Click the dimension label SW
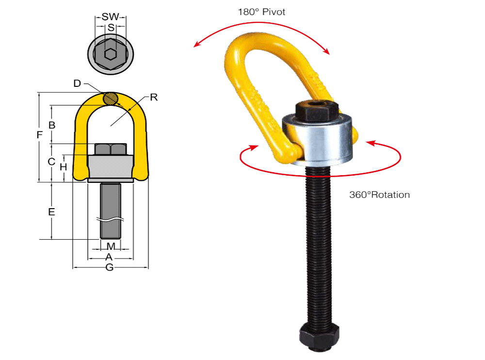(x=111, y=17)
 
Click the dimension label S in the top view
(x=111, y=28)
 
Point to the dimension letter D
(x=77, y=83)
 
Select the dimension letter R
(x=154, y=97)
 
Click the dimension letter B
(x=52, y=125)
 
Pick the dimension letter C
(x=51, y=162)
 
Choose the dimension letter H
(x=63, y=167)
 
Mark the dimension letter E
(x=51, y=212)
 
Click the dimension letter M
(x=111, y=246)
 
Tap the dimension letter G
(x=110, y=267)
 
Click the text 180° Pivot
(x=261, y=12)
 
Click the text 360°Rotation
(x=379, y=195)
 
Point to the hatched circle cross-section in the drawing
(x=111, y=98)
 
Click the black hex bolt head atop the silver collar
(x=316, y=111)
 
